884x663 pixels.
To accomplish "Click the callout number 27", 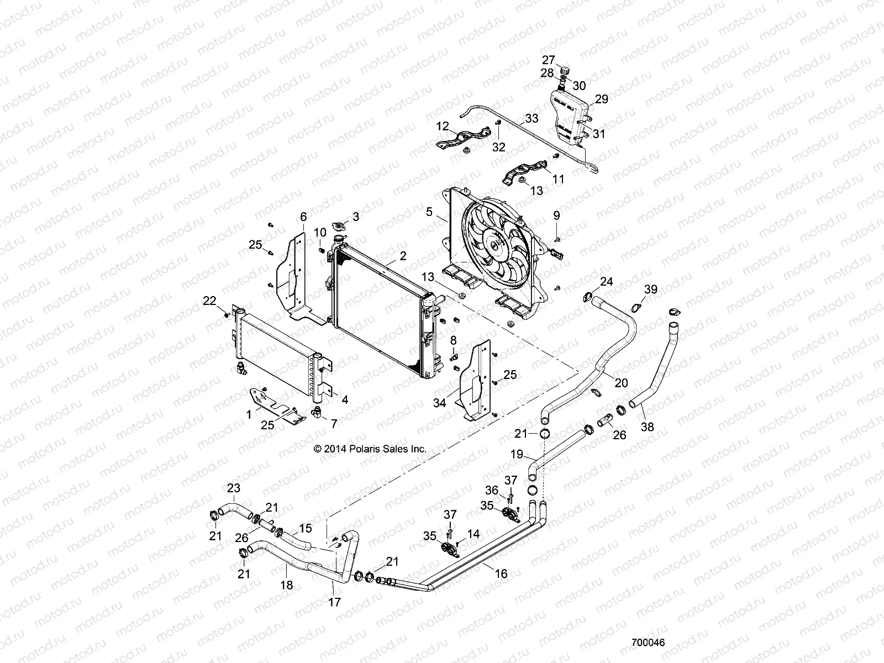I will [548, 60].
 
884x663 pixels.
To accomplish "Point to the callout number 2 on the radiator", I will [403, 256].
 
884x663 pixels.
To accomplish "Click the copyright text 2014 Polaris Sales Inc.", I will [370, 449].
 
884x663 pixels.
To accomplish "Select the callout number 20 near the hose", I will [621, 382].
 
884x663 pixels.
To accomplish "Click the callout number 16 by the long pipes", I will [501, 574].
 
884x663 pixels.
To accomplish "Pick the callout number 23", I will [234, 488].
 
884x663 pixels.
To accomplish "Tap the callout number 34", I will [439, 403].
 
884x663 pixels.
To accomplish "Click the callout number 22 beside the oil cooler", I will [209, 301].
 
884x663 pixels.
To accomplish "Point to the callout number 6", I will [303, 217].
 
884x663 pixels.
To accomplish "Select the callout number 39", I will [651, 290].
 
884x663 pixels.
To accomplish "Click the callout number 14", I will [473, 534].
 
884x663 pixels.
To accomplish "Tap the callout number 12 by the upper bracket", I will [442, 126].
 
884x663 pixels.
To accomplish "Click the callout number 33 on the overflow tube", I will [531, 118].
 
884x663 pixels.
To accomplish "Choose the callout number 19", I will [516, 455].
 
